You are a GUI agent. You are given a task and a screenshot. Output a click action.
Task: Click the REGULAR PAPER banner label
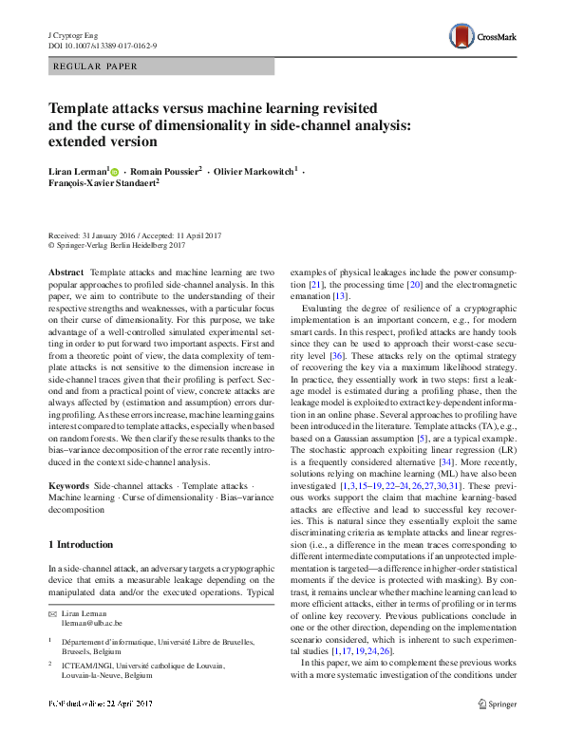coord(96,66)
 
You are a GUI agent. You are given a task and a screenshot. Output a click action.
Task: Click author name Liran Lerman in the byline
coord(78,172)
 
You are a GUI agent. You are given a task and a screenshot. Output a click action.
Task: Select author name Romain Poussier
coord(167,172)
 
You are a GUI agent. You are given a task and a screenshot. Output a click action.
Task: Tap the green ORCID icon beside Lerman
coord(114,172)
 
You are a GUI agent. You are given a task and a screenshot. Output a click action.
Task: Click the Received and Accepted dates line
coord(137,235)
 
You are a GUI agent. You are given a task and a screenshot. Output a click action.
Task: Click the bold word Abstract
coord(66,272)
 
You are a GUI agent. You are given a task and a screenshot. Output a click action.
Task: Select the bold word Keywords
coord(68,485)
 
